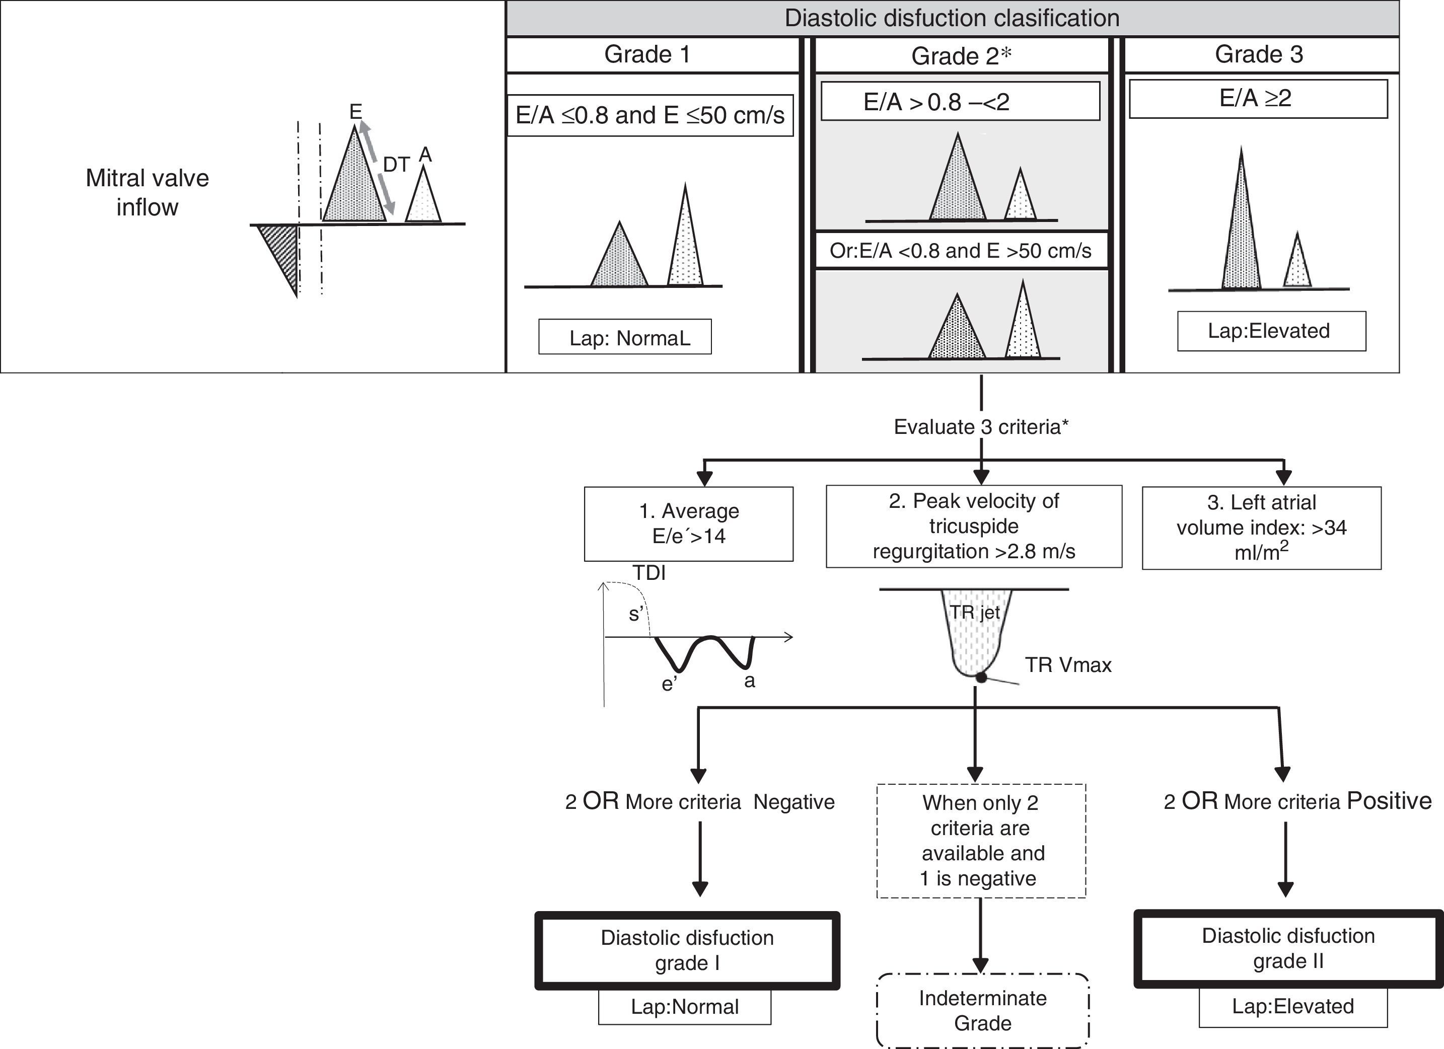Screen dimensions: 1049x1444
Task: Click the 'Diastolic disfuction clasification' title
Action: click(x=952, y=18)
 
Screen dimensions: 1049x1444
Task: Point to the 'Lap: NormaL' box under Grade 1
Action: click(x=625, y=337)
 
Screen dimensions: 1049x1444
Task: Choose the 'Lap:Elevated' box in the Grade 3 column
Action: click(x=1271, y=331)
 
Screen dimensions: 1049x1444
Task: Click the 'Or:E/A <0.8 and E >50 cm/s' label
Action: click(x=960, y=251)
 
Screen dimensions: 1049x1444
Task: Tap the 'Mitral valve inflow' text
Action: click(x=147, y=192)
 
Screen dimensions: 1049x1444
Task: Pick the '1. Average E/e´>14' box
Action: click(x=689, y=524)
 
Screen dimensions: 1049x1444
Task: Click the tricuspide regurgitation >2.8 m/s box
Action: click(x=973, y=527)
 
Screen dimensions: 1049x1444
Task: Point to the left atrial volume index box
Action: click(x=1261, y=528)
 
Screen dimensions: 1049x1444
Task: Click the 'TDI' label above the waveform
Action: click(x=649, y=573)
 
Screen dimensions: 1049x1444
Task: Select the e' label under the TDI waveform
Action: click(x=669, y=684)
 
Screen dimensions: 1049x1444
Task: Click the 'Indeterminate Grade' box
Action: click(x=982, y=1010)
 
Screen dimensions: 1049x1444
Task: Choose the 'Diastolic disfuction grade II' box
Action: click(x=1288, y=948)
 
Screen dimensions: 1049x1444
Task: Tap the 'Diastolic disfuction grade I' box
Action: click(x=688, y=950)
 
